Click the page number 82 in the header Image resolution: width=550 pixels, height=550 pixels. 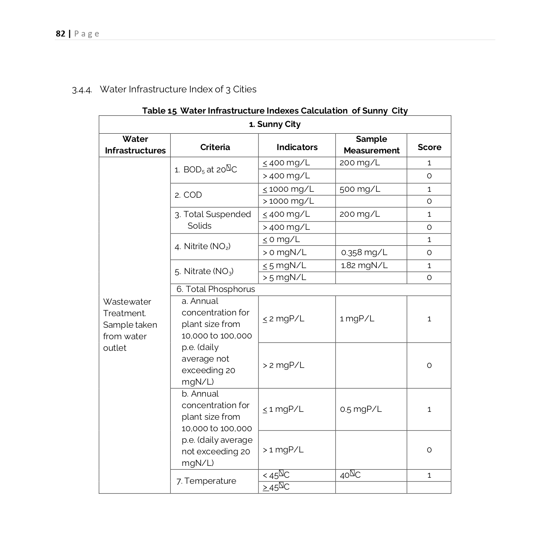(60, 34)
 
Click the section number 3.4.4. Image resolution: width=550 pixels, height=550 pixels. (82, 90)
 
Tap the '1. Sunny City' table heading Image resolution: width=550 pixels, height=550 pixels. (275, 124)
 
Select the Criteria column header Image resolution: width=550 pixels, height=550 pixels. (215, 147)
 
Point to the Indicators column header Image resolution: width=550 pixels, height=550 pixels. (297, 147)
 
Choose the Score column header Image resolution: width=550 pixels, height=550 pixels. (429, 147)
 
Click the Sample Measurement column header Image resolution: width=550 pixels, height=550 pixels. (371, 145)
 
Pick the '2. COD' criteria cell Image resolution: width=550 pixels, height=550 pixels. (188, 195)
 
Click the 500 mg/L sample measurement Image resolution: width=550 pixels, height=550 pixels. (360, 189)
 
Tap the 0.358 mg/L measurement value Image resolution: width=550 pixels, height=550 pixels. (364, 252)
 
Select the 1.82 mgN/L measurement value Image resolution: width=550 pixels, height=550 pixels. (364, 266)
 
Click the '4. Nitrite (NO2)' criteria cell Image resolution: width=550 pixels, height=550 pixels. (203, 247)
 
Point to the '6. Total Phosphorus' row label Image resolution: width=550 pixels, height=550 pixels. (216, 289)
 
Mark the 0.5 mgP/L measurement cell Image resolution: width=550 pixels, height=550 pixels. (360, 409)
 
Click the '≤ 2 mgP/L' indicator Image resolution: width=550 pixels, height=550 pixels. (283, 319)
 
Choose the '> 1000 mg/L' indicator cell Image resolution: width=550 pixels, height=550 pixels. (288, 201)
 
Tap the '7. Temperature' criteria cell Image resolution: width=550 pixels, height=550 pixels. (206, 481)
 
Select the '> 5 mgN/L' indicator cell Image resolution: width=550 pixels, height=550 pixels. (284, 278)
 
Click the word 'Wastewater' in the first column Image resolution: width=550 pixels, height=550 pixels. (127, 302)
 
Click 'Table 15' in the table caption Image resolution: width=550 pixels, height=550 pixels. (159, 111)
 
